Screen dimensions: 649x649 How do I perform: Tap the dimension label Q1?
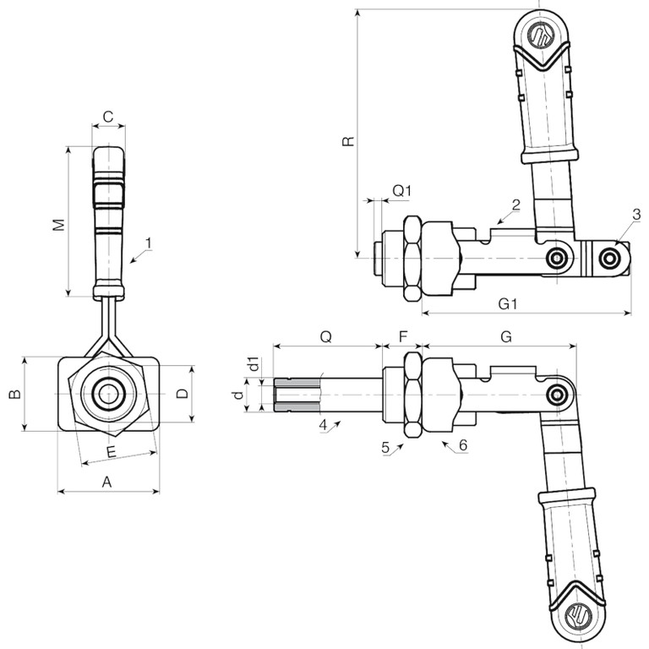[401, 191]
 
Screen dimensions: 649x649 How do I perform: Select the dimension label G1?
[507, 303]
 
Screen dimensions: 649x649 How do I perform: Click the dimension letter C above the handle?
[108, 116]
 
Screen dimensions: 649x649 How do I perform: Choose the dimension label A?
[106, 481]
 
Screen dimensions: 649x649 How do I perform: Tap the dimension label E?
[112, 453]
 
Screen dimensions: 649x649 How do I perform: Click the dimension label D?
[180, 394]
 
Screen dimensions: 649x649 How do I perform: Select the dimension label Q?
[325, 336]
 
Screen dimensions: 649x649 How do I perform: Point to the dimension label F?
[403, 336]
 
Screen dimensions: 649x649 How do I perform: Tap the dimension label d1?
[253, 365]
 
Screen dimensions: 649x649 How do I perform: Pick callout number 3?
[636, 214]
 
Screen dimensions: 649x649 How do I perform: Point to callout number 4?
[323, 424]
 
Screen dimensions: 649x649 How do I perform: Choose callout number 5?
[385, 449]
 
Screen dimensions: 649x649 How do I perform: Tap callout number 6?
[462, 444]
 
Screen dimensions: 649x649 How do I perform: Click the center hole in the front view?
[107, 394]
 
